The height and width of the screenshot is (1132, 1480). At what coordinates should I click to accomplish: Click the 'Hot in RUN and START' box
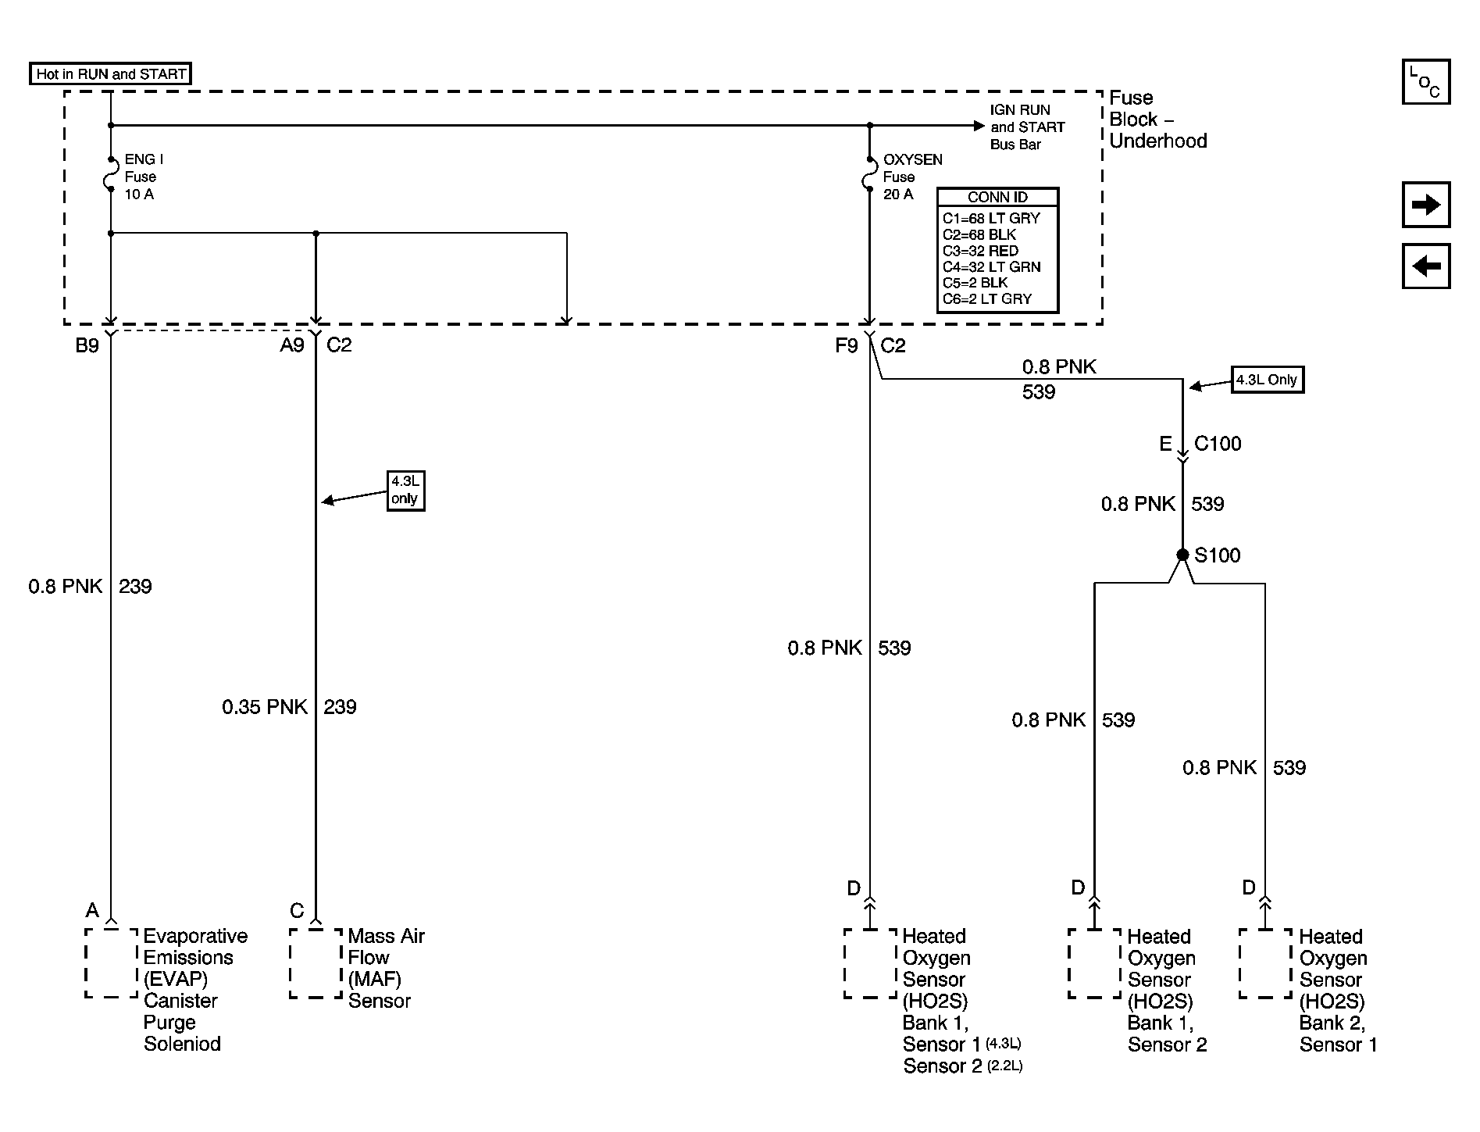[110, 74]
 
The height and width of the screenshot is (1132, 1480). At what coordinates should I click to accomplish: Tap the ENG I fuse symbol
[110, 174]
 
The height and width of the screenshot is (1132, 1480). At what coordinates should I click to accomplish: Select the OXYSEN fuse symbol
[868, 174]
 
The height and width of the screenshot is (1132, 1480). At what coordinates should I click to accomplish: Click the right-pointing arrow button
[1426, 205]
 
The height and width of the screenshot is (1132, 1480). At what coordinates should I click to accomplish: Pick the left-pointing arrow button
[1426, 266]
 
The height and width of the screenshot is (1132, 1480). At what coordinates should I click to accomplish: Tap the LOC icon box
[1426, 82]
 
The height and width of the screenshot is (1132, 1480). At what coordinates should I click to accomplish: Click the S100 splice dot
[1182, 555]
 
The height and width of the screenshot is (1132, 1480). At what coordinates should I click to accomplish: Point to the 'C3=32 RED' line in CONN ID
[980, 251]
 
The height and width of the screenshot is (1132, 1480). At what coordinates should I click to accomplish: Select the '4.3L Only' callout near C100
[1268, 380]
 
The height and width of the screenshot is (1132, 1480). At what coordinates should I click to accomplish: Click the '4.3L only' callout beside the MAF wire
[405, 491]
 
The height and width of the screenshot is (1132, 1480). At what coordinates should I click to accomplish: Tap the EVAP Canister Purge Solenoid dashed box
[111, 963]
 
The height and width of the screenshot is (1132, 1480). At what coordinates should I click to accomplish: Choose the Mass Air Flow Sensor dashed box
[316, 963]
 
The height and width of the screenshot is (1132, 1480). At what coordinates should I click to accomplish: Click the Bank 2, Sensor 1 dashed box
[1265, 963]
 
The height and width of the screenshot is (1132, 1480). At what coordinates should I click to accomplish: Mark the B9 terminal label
[87, 345]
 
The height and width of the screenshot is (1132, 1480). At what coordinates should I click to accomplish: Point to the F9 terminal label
[847, 345]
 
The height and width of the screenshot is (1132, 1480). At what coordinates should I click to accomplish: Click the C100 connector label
[1218, 444]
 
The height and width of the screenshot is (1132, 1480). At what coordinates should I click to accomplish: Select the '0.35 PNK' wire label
[265, 707]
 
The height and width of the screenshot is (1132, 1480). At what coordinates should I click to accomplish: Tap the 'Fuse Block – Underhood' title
[1158, 120]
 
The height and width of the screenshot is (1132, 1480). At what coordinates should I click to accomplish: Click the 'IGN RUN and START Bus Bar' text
[1027, 127]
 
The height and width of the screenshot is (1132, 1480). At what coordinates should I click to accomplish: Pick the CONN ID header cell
[997, 198]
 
